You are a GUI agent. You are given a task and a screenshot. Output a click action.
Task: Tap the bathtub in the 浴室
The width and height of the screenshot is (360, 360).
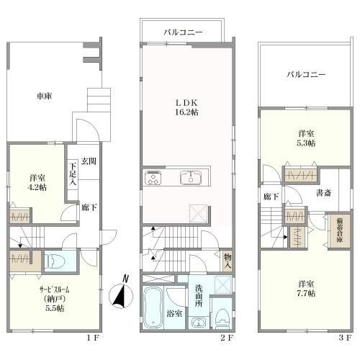tap(153, 307)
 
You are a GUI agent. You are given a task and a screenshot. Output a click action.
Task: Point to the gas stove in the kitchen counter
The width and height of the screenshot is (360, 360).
tap(153, 177)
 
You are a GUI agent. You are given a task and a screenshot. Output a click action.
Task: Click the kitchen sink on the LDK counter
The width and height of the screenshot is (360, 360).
tap(191, 178)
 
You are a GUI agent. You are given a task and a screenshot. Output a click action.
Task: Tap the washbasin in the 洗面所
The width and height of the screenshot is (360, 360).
tap(199, 323)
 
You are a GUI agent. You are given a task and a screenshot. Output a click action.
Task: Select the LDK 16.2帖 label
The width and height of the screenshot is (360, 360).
tap(186, 108)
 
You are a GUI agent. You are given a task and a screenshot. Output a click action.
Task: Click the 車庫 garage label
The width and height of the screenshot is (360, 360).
tap(44, 96)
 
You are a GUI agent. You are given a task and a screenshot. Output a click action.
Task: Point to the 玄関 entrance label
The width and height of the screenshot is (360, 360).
tap(89, 161)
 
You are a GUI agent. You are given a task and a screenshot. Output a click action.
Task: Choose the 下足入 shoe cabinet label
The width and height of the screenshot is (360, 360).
tap(73, 174)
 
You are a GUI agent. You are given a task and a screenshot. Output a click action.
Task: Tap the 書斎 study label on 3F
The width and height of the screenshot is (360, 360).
tap(324, 193)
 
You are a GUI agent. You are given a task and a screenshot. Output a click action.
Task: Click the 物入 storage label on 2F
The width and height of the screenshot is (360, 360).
tap(228, 261)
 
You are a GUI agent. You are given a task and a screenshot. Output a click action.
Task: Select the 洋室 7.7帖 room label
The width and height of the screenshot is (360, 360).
tap(306, 289)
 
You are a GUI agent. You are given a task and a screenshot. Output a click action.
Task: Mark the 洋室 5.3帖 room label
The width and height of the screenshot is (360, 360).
tap(306, 138)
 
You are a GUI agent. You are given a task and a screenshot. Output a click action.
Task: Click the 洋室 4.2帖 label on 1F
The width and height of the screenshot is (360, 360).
tap(37, 183)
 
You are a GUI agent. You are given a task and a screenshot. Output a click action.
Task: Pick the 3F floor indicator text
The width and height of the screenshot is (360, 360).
tap(346, 338)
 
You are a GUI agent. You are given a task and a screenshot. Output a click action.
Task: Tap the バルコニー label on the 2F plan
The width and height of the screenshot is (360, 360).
tap(183, 32)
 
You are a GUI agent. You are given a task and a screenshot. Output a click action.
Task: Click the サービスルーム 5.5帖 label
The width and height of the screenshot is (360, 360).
tap(55, 299)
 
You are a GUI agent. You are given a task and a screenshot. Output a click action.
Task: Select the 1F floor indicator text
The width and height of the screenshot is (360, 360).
tap(93, 338)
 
